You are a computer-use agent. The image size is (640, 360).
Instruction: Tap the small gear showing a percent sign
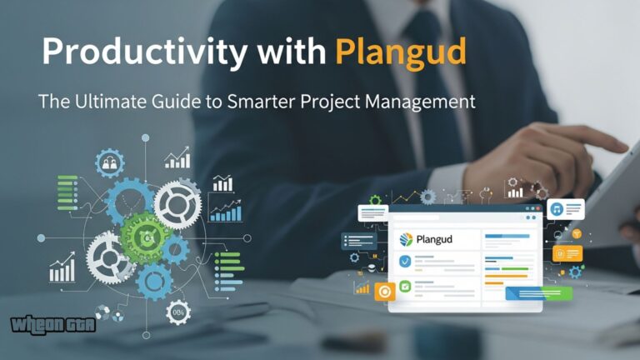tap(177, 312)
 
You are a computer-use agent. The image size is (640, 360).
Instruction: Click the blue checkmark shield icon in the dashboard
tap(404, 262)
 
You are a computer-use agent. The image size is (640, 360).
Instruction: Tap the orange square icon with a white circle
tap(385, 291)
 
